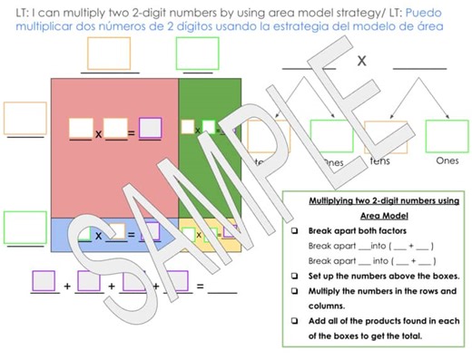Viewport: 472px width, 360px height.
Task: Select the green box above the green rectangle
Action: coord(199,54)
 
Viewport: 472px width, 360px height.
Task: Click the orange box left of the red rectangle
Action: coord(25,119)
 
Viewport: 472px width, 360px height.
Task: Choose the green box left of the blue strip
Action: coord(25,227)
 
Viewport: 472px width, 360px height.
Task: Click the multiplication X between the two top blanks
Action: coord(361,61)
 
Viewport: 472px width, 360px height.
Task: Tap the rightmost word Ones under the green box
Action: coord(447,161)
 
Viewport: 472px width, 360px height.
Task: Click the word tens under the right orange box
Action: coord(380,161)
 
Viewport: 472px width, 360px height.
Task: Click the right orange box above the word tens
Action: coord(385,137)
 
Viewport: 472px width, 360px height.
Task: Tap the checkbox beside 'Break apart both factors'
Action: coord(296,231)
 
